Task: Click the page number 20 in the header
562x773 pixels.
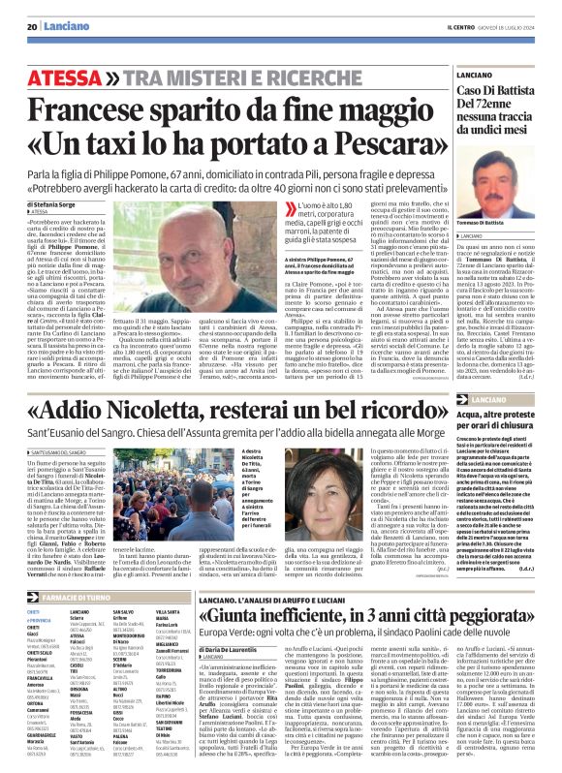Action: (x=32, y=26)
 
